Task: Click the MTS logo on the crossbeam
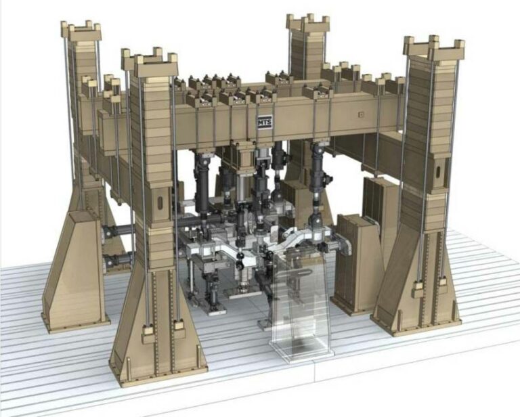coord(265,122)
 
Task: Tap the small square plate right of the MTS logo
coord(361,114)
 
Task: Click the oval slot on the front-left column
coord(160,202)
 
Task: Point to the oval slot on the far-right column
coord(438,173)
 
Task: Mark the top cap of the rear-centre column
coord(308,24)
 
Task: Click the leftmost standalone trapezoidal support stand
coord(74,270)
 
